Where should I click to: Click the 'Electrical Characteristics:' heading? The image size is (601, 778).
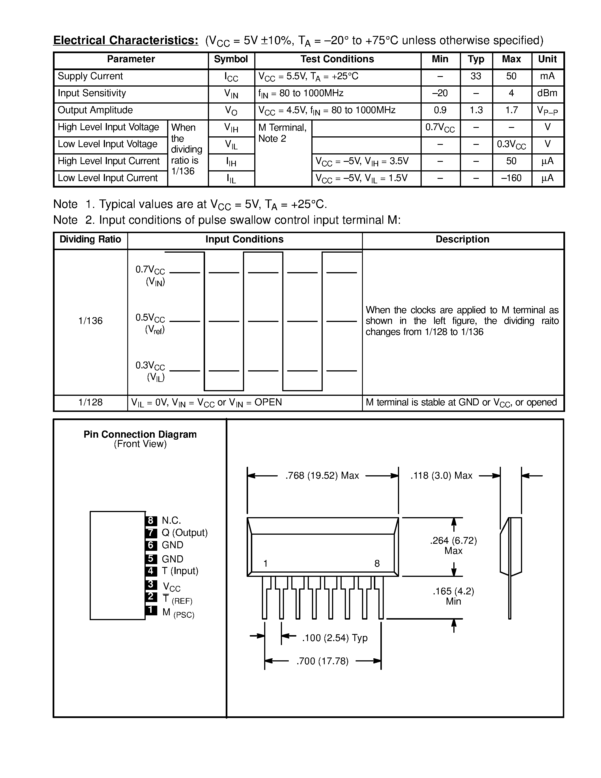pos(125,40)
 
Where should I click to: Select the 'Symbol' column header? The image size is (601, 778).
pos(231,59)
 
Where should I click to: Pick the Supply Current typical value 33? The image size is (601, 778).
pos(476,76)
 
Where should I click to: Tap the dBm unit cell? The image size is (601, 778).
pos(547,93)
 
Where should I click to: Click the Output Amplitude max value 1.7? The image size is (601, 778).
pos(511,110)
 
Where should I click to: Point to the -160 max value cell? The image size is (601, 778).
pos(511,178)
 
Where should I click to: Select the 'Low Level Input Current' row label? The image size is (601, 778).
pos(107,178)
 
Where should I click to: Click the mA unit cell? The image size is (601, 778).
pos(547,76)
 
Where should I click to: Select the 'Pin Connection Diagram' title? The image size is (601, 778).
pos(140,434)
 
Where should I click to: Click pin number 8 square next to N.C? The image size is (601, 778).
pos(151,521)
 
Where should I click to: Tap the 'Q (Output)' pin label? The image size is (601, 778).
pos(184,532)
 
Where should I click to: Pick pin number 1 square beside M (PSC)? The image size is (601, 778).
pos(151,610)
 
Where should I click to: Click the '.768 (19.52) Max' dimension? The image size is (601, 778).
pos(322,476)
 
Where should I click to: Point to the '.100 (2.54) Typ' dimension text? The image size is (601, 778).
pos(334,638)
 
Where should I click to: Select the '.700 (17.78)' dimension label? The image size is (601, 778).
pos(322,661)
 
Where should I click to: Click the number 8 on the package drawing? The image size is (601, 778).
pos(377,564)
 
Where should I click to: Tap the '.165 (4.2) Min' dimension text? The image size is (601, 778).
pos(453,596)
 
